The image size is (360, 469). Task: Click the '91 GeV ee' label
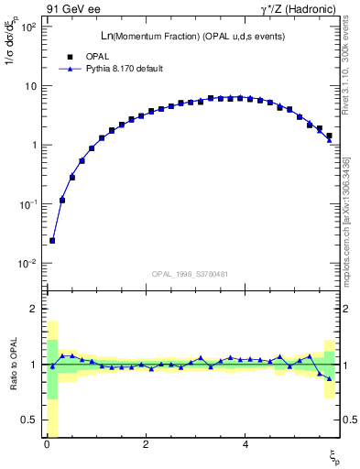[x=72, y=11]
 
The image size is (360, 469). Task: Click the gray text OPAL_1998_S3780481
[x=190, y=274]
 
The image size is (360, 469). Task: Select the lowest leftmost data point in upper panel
[x=52, y=240]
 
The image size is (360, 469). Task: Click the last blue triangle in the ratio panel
[x=329, y=378]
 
